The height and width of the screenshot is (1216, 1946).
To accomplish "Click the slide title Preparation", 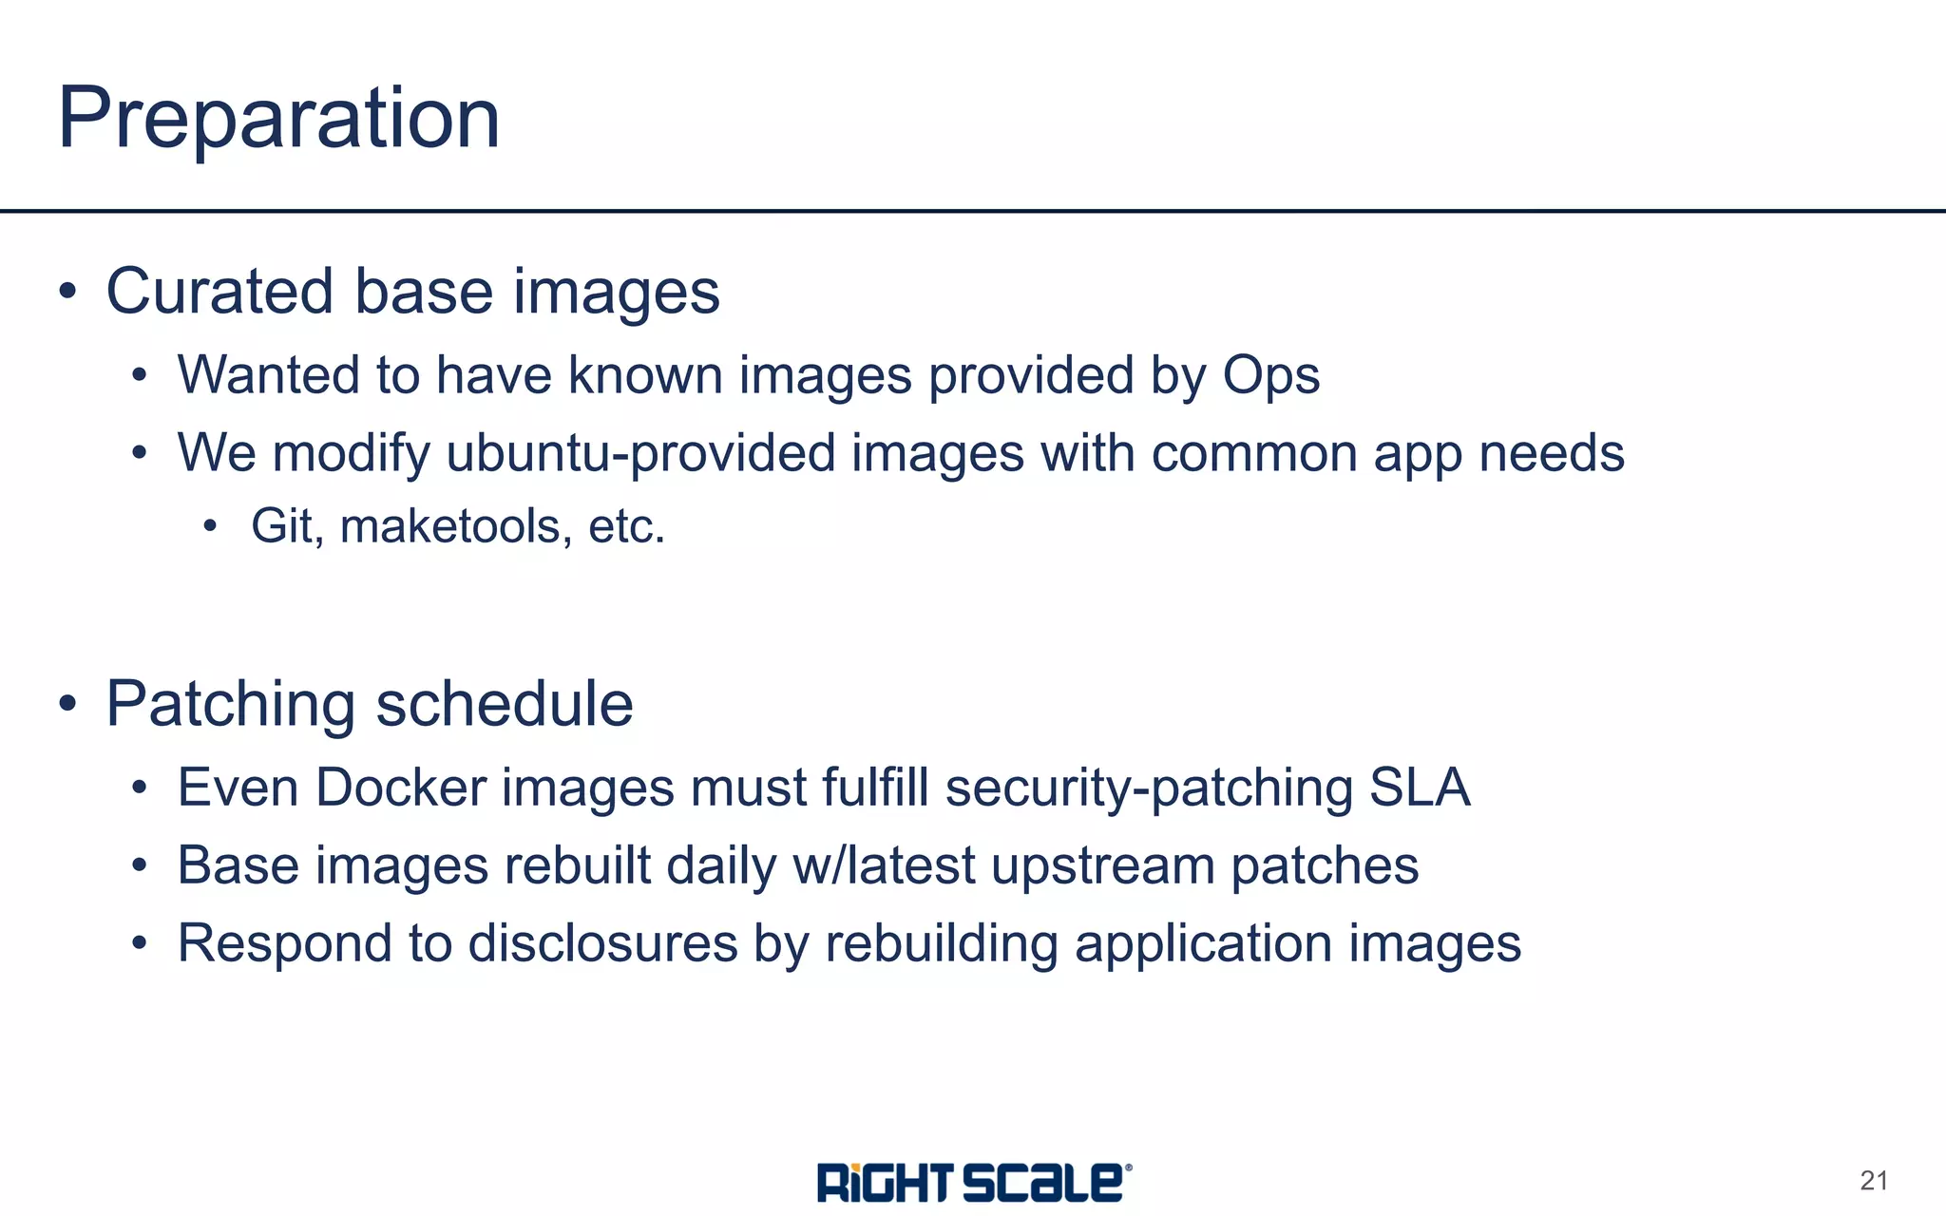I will pos(278,119).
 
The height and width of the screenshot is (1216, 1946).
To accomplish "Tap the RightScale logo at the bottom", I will pos(974,1182).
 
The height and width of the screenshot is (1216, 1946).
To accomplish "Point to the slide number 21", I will pos(1874,1181).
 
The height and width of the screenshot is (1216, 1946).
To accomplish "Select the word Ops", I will pos(1271,375).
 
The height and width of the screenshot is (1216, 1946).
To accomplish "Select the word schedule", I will pos(505,705).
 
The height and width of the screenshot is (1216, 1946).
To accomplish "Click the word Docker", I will pos(401,788).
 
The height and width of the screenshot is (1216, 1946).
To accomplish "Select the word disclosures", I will pos(603,944).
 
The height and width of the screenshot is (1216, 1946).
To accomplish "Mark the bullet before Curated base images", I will pos(67,292).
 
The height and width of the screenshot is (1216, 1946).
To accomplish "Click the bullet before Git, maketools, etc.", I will pos(210,527).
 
